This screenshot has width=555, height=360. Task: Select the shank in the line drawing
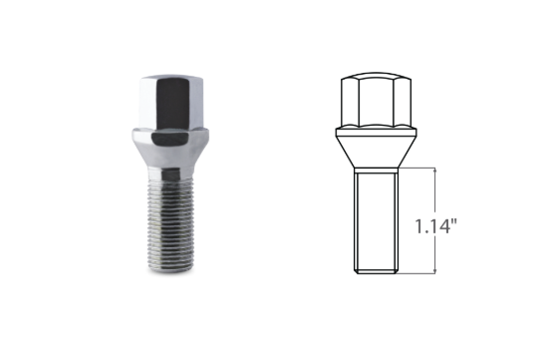click(x=376, y=219)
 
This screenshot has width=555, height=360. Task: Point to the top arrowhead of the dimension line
click(x=435, y=171)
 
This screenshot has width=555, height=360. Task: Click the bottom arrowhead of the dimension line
click(x=435, y=271)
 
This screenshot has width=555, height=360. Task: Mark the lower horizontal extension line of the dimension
click(x=418, y=275)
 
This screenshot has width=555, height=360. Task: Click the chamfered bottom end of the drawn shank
click(x=376, y=272)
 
